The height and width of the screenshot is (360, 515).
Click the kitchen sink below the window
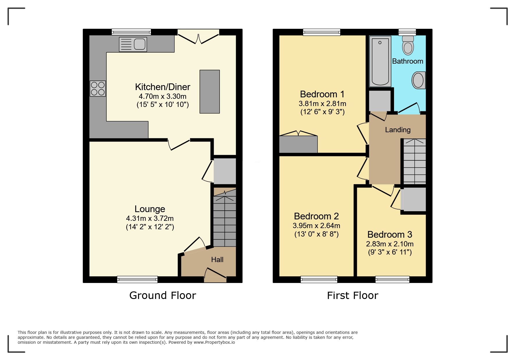click(133, 44)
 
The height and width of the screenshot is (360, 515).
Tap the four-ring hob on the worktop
click(98, 89)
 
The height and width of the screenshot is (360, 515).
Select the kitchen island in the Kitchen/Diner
click(209, 92)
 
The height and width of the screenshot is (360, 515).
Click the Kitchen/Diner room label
click(163, 87)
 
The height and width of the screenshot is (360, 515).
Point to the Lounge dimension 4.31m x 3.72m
click(150, 218)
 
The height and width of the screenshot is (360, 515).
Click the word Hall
click(217, 259)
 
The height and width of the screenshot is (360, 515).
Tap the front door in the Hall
click(215, 274)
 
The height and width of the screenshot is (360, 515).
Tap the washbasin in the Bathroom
click(418, 80)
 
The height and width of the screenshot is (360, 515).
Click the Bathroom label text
click(407, 61)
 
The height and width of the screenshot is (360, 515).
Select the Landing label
click(398, 130)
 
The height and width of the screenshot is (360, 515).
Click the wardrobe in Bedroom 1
click(298, 144)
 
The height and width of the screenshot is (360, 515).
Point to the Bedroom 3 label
click(390, 234)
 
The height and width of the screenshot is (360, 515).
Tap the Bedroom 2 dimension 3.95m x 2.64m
click(316, 226)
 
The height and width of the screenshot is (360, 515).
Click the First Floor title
click(352, 295)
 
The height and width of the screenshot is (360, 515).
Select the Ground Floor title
click(163, 295)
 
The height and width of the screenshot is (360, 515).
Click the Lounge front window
click(137, 279)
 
